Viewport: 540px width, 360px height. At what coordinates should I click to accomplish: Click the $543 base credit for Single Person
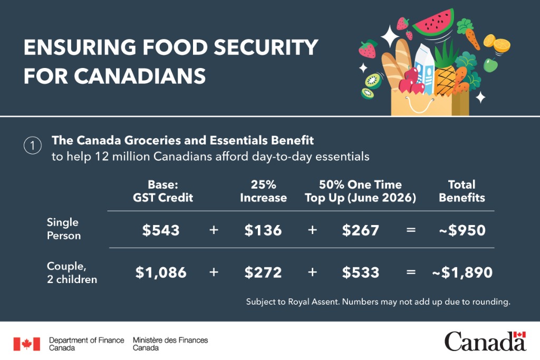pyautogui.click(x=161, y=230)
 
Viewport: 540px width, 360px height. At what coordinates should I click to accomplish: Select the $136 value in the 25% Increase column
pyautogui.click(x=263, y=230)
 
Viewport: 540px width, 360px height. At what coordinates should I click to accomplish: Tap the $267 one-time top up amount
pyautogui.click(x=360, y=230)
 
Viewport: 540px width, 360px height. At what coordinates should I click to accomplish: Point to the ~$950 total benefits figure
pyautogui.click(x=462, y=230)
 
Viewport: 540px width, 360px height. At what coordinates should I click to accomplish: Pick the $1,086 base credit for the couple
pyautogui.click(x=161, y=273)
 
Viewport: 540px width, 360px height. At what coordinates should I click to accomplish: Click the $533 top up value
pyautogui.click(x=360, y=273)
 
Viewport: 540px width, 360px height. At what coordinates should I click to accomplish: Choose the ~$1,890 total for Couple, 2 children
pyautogui.click(x=462, y=273)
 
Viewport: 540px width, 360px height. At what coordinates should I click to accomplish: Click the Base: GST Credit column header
pyautogui.click(x=162, y=191)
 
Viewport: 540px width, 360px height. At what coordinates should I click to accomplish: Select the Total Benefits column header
pyautogui.click(x=461, y=191)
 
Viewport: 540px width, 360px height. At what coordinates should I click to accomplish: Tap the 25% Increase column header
pyautogui.click(x=263, y=191)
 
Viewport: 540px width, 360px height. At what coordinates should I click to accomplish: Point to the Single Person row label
pyautogui.click(x=63, y=229)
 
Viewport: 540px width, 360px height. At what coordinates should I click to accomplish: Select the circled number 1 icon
pyautogui.click(x=32, y=146)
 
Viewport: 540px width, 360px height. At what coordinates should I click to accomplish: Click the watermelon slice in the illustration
pyautogui.click(x=433, y=23)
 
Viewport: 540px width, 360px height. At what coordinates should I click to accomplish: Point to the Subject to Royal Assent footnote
pyautogui.click(x=378, y=302)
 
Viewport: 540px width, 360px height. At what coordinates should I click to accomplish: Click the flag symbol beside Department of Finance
pyautogui.click(x=26, y=344)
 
